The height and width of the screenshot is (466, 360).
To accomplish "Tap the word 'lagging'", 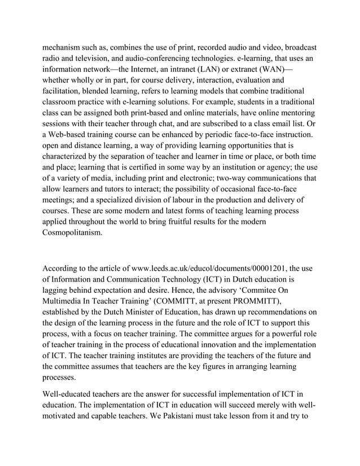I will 59,289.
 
